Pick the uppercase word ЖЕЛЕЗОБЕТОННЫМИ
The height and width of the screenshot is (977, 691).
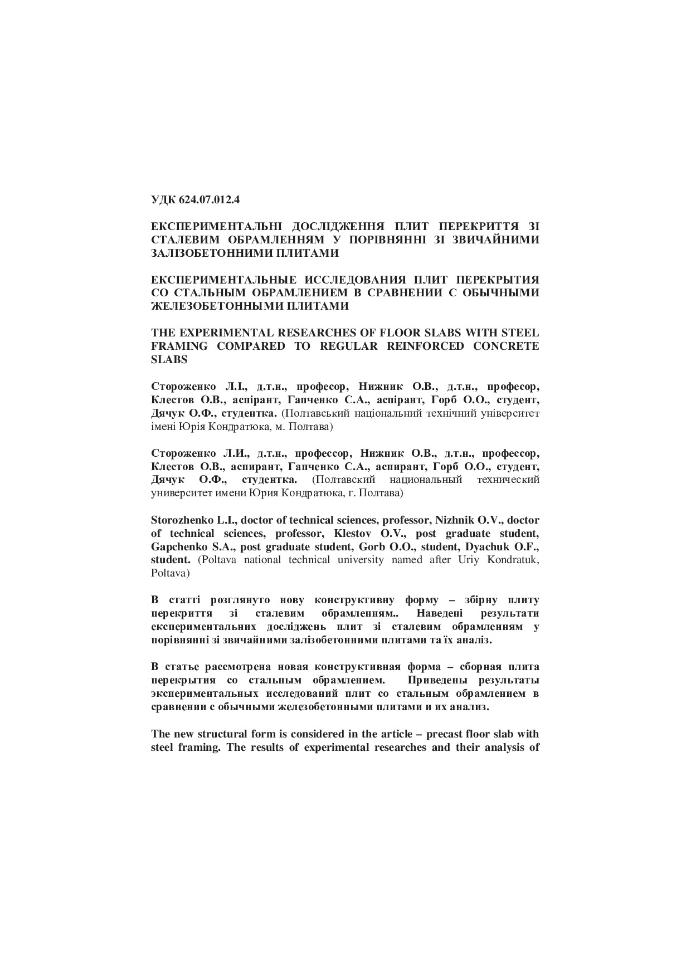click(x=211, y=306)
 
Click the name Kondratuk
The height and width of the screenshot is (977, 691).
click(x=513, y=560)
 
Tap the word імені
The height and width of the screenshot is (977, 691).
click(x=163, y=427)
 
